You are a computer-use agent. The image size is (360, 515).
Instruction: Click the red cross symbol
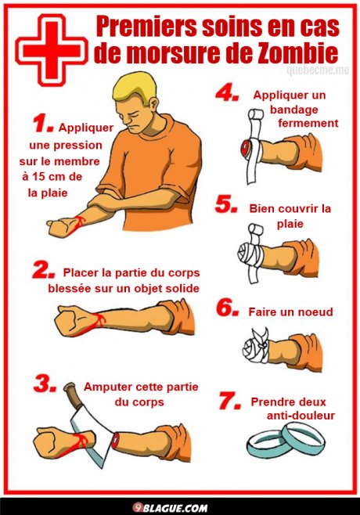[x=52, y=50]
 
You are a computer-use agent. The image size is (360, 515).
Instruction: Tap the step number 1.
[x=43, y=124]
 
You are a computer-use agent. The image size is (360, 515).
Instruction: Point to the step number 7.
[x=229, y=401]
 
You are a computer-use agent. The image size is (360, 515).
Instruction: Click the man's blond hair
[x=134, y=87]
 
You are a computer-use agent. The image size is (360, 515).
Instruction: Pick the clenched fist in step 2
[x=71, y=320]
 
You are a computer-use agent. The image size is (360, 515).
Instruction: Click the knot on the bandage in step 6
[x=262, y=343]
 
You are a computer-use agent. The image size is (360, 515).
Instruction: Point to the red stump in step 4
[x=246, y=149]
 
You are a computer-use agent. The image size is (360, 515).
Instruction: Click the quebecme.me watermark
[x=318, y=70]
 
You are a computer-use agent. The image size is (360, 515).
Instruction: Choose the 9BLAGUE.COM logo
[x=170, y=508]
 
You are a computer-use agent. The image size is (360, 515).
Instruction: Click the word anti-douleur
[x=301, y=416]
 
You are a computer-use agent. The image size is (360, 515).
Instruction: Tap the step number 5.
[x=226, y=204]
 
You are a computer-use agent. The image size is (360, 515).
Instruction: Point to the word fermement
[x=308, y=123]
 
